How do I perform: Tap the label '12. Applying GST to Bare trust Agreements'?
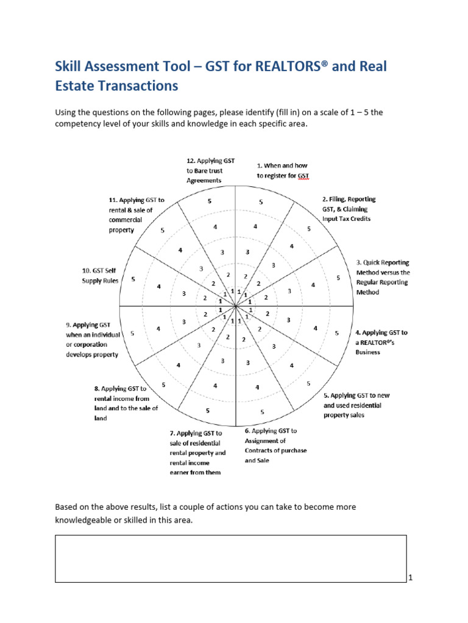pyautogui.click(x=211, y=170)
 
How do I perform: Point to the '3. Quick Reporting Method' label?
pyautogui.click(x=383, y=277)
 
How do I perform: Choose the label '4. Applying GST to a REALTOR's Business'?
pyautogui.click(x=381, y=342)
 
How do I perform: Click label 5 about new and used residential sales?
pyautogui.click(x=356, y=405)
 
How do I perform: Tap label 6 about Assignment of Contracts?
pyautogui.click(x=275, y=445)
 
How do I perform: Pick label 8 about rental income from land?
pyautogui.click(x=126, y=403)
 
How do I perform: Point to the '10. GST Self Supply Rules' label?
pyautogui.click(x=101, y=276)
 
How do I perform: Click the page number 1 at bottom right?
pyautogui.click(x=411, y=578)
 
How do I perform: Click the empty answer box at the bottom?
pyautogui.click(x=230, y=559)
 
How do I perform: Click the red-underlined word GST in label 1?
pyautogui.click(x=304, y=176)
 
